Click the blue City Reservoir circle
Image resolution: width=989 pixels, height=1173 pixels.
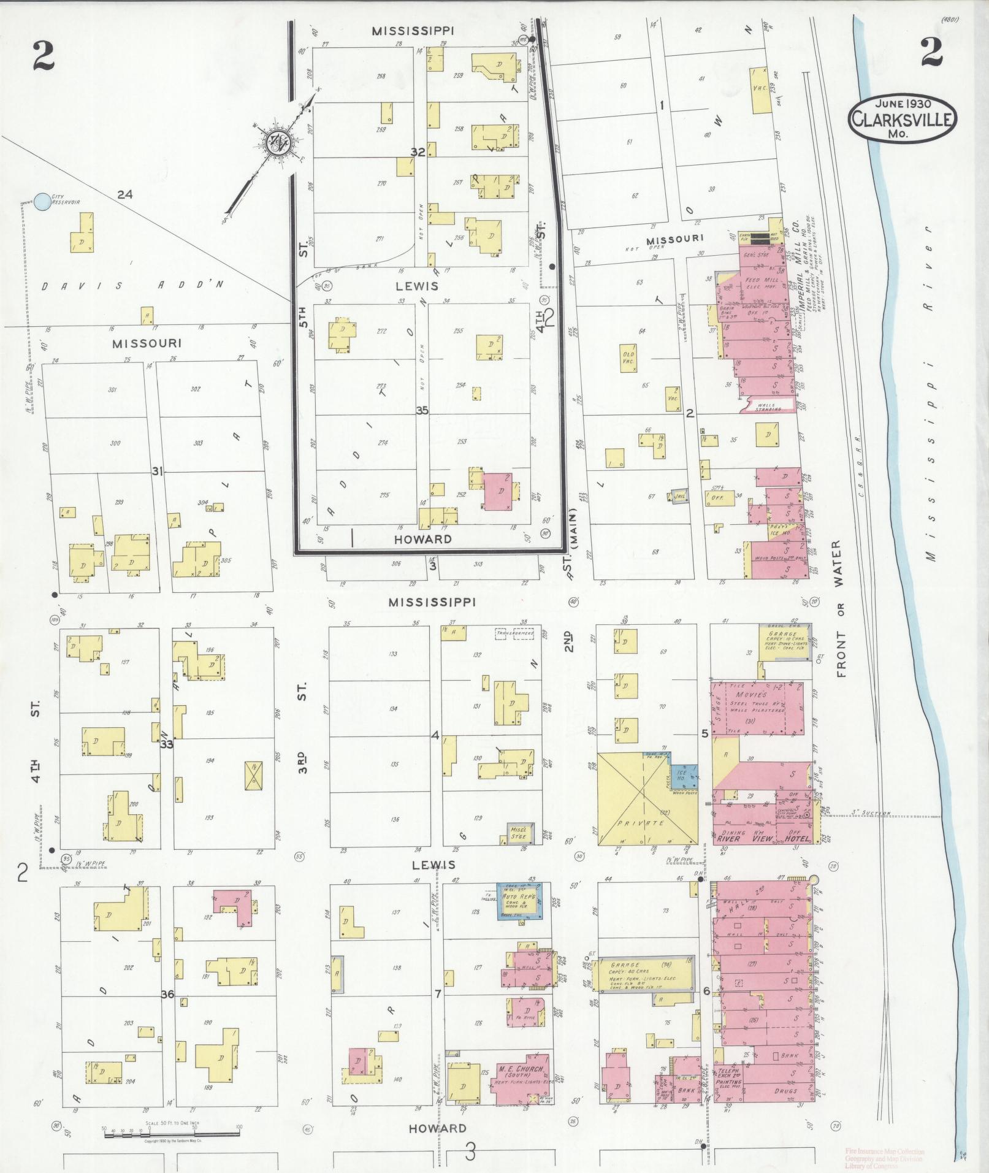click(42, 201)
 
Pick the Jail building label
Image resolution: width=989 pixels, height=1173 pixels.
click(679, 495)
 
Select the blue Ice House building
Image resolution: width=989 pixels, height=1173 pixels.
click(683, 774)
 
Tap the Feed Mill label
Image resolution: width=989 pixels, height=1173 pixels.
click(752, 280)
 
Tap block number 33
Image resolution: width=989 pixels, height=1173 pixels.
click(166, 744)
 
